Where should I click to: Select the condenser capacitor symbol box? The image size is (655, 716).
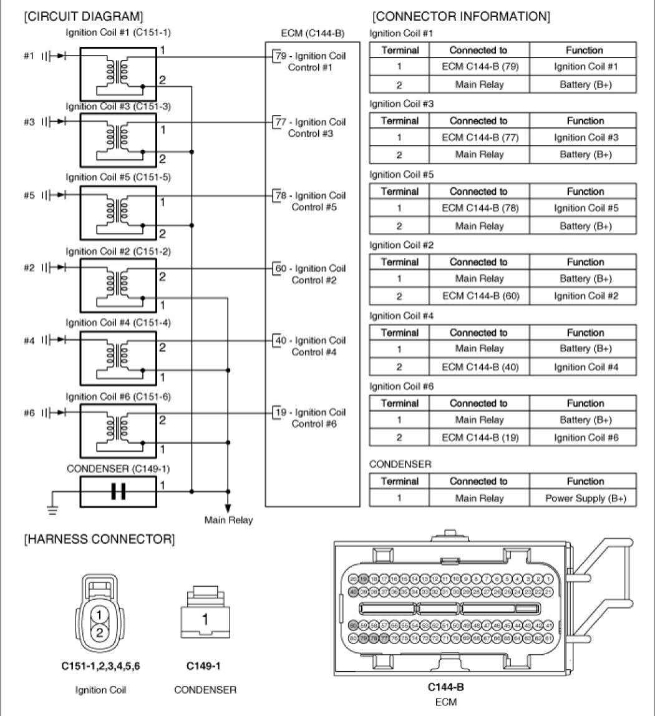pos(118,491)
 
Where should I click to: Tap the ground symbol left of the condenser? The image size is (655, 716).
pos(52,509)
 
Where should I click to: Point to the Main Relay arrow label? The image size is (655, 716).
pos(228,520)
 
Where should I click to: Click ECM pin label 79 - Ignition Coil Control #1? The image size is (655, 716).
pos(311,61)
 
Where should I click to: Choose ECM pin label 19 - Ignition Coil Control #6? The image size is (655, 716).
pos(311,418)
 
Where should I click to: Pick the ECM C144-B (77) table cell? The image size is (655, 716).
pos(478,137)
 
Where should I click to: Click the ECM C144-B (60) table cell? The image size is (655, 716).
pos(478,295)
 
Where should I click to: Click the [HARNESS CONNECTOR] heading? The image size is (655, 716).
pos(99,538)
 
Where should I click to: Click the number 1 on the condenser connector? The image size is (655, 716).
pos(204,620)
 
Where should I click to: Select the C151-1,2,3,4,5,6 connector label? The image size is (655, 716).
pos(100,666)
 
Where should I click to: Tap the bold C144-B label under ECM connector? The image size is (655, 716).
pos(446,687)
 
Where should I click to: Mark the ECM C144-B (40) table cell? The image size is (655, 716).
pos(478,367)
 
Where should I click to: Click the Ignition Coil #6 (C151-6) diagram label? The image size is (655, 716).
pos(118,396)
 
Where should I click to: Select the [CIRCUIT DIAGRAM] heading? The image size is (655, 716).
pos(83,16)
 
